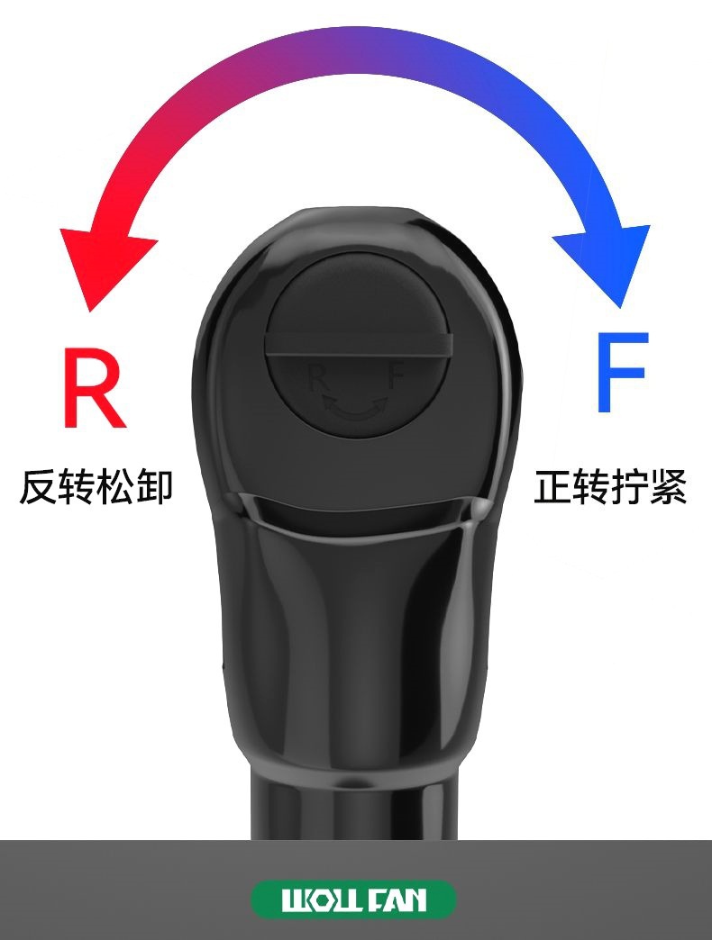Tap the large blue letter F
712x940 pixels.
[x=621, y=372]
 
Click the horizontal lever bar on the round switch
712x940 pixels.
[x=357, y=345]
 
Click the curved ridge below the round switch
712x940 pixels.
[x=356, y=528]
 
